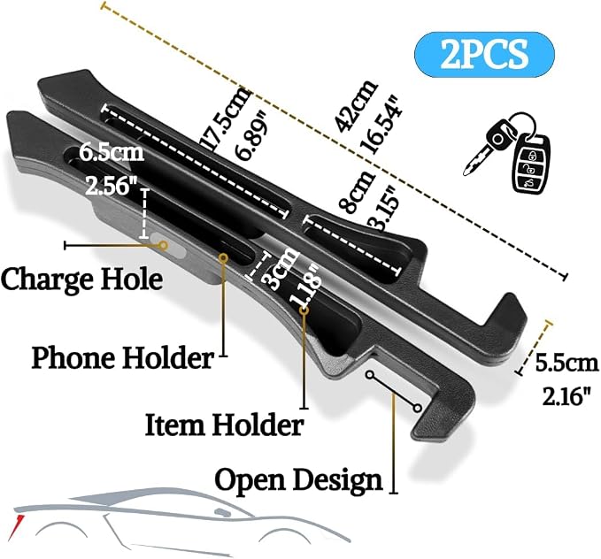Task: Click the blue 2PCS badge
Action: (484, 55)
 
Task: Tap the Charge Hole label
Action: (81, 279)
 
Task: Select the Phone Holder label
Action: (122, 358)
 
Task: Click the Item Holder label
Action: (224, 425)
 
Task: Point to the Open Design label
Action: (298, 480)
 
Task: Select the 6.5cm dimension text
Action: (112, 152)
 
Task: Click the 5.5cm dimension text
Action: (566, 363)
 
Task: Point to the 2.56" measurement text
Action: (112, 187)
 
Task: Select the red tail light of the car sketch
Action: (18, 524)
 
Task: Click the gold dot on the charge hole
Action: (164, 245)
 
